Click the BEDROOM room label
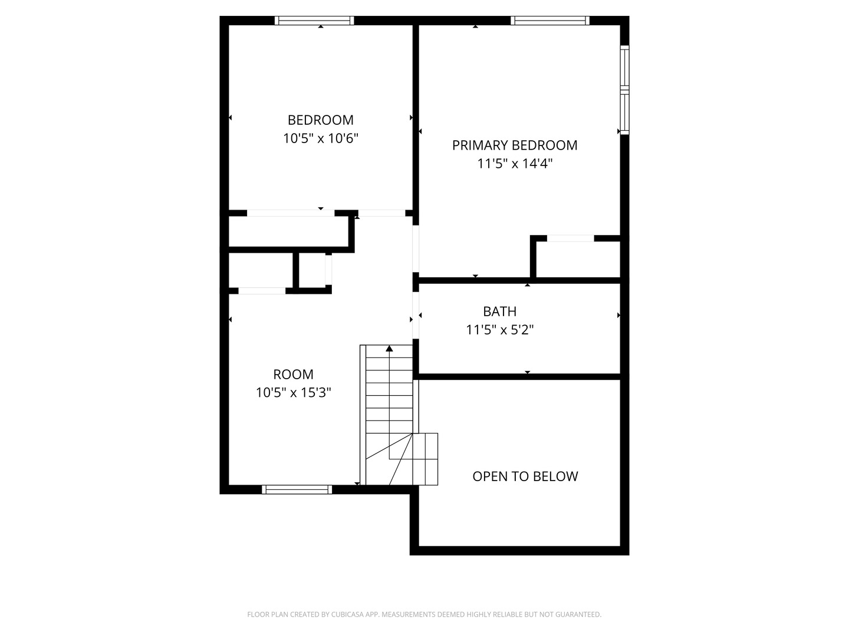click(320, 120)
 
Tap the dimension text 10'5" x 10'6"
click(321, 139)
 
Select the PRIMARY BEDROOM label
click(514, 145)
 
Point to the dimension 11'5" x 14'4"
click(515, 164)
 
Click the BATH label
click(499, 312)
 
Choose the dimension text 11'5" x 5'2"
click(499, 330)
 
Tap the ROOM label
click(293, 375)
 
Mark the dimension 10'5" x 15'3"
click(293, 393)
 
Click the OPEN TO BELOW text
click(525, 476)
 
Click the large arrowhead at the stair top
click(389, 349)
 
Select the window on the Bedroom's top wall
click(314, 21)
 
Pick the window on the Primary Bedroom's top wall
click(550, 21)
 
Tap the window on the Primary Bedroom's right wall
click(624, 90)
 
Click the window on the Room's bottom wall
click(297, 489)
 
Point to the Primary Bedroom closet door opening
click(570, 238)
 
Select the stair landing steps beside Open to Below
click(425, 459)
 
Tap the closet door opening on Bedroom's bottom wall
click(290, 213)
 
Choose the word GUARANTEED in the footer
click(579, 615)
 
